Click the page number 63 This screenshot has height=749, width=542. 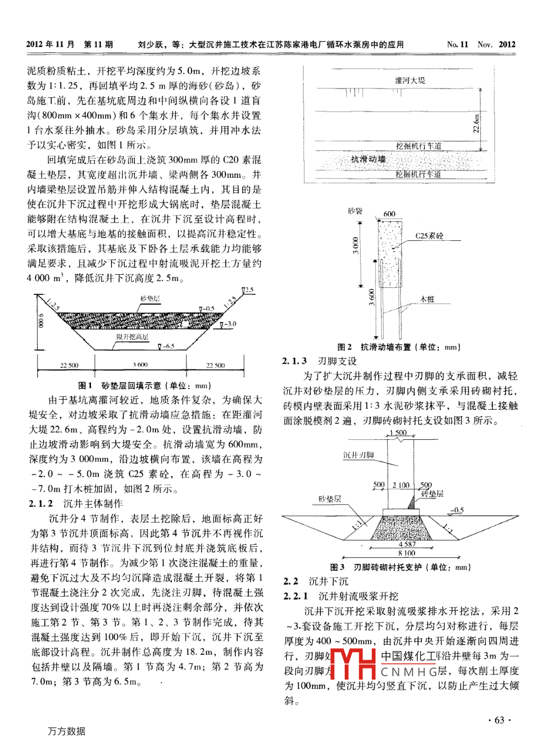pos(499,720)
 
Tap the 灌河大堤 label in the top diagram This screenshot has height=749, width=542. pos(410,80)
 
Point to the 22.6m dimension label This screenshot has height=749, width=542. pos(476,124)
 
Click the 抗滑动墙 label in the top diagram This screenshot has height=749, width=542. pos(369,159)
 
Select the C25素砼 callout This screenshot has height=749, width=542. pos(429,236)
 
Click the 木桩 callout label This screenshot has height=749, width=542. pos(427,299)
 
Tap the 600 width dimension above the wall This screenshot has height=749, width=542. pos(389,214)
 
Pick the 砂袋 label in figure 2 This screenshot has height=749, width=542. pos(355,211)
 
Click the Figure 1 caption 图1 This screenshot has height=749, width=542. pos(85,385)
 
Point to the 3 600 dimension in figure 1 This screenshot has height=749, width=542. pos(140,365)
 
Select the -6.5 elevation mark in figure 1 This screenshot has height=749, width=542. pos(168,346)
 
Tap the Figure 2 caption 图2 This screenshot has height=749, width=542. pos(344,347)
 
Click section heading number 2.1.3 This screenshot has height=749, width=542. pos(295,361)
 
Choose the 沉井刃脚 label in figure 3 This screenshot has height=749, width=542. pos(359,455)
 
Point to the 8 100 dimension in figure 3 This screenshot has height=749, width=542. pos(407,553)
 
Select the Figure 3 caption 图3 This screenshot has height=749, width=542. pos(337,567)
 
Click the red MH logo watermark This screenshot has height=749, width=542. pos(353,663)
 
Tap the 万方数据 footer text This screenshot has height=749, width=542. pos(66,731)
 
